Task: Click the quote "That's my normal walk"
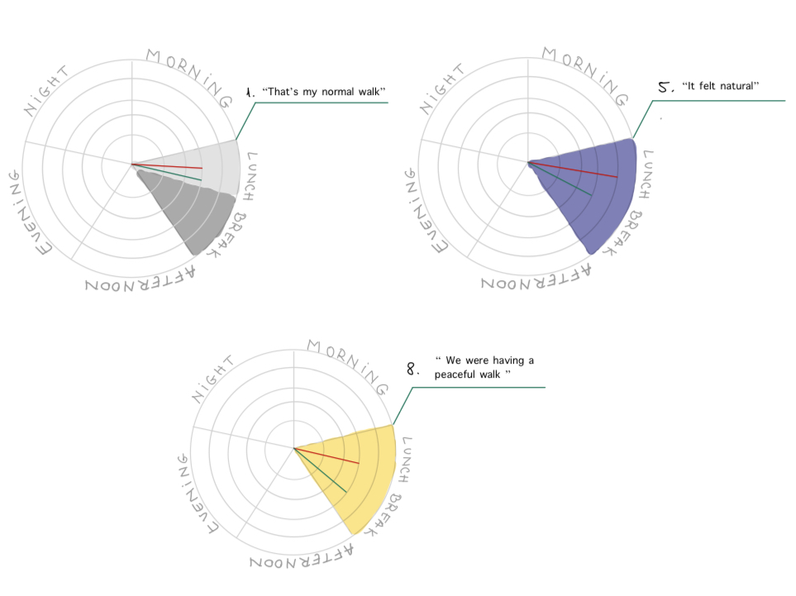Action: [323, 91]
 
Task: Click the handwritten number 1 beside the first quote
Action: [249, 91]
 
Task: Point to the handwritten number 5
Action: [665, 86]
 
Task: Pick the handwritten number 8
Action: [413, 370]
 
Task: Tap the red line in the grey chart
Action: [169, 166]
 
